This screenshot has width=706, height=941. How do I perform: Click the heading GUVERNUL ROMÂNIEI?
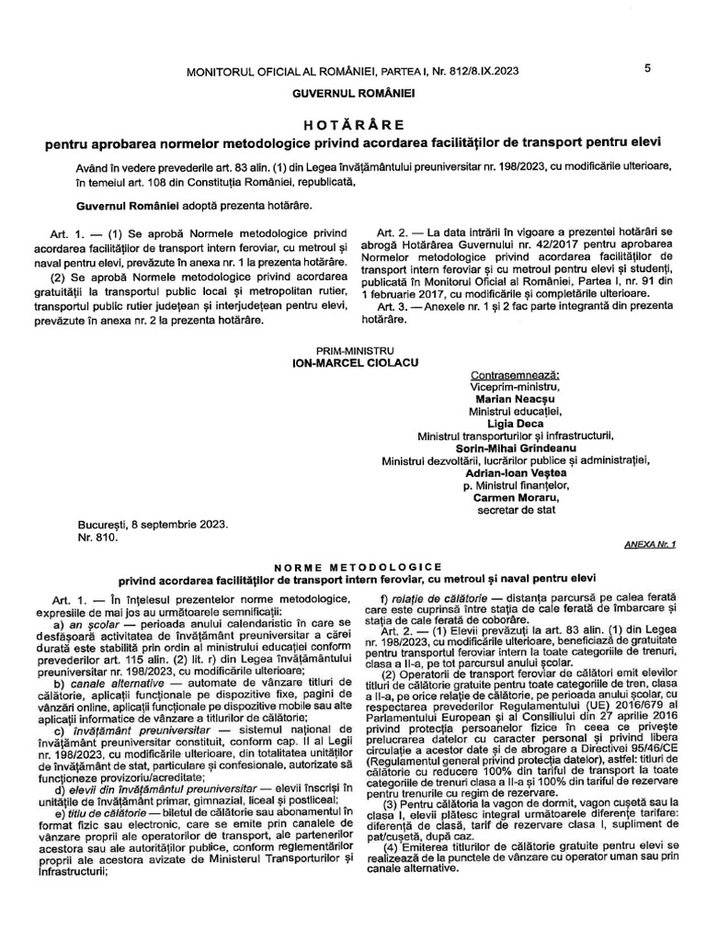tap(354, 94)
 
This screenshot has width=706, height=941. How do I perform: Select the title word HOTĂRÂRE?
tap(353, 124)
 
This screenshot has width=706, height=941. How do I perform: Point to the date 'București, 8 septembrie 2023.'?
tap(154, 525)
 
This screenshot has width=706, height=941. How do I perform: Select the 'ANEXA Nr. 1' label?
tap(649, 545)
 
